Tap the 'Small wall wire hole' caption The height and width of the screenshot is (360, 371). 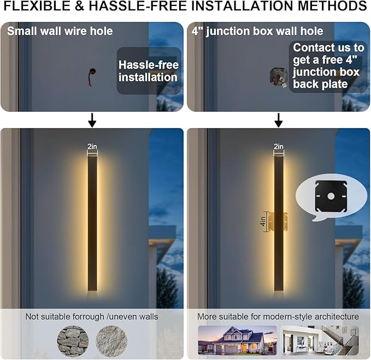(x=60, y=31)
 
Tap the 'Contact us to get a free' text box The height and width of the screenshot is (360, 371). (x=328, y=66)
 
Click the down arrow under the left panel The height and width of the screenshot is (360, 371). (x=92, y=120)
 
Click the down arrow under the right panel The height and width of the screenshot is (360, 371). (x=279, y=120)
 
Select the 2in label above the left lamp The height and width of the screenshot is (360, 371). (x=92, y=147)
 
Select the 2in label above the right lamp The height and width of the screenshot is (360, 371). (x=279, y=147)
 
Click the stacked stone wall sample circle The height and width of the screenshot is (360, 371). (x=73, y=341)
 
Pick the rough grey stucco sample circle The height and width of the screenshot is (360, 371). (x=111, y=341)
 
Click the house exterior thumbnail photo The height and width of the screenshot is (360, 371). (x=237, y=340)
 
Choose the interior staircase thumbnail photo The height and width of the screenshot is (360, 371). (x=319, y=340)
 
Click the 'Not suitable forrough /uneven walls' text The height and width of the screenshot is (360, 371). (x=92, y=317)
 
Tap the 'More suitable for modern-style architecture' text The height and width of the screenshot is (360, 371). (x=279, y=317)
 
